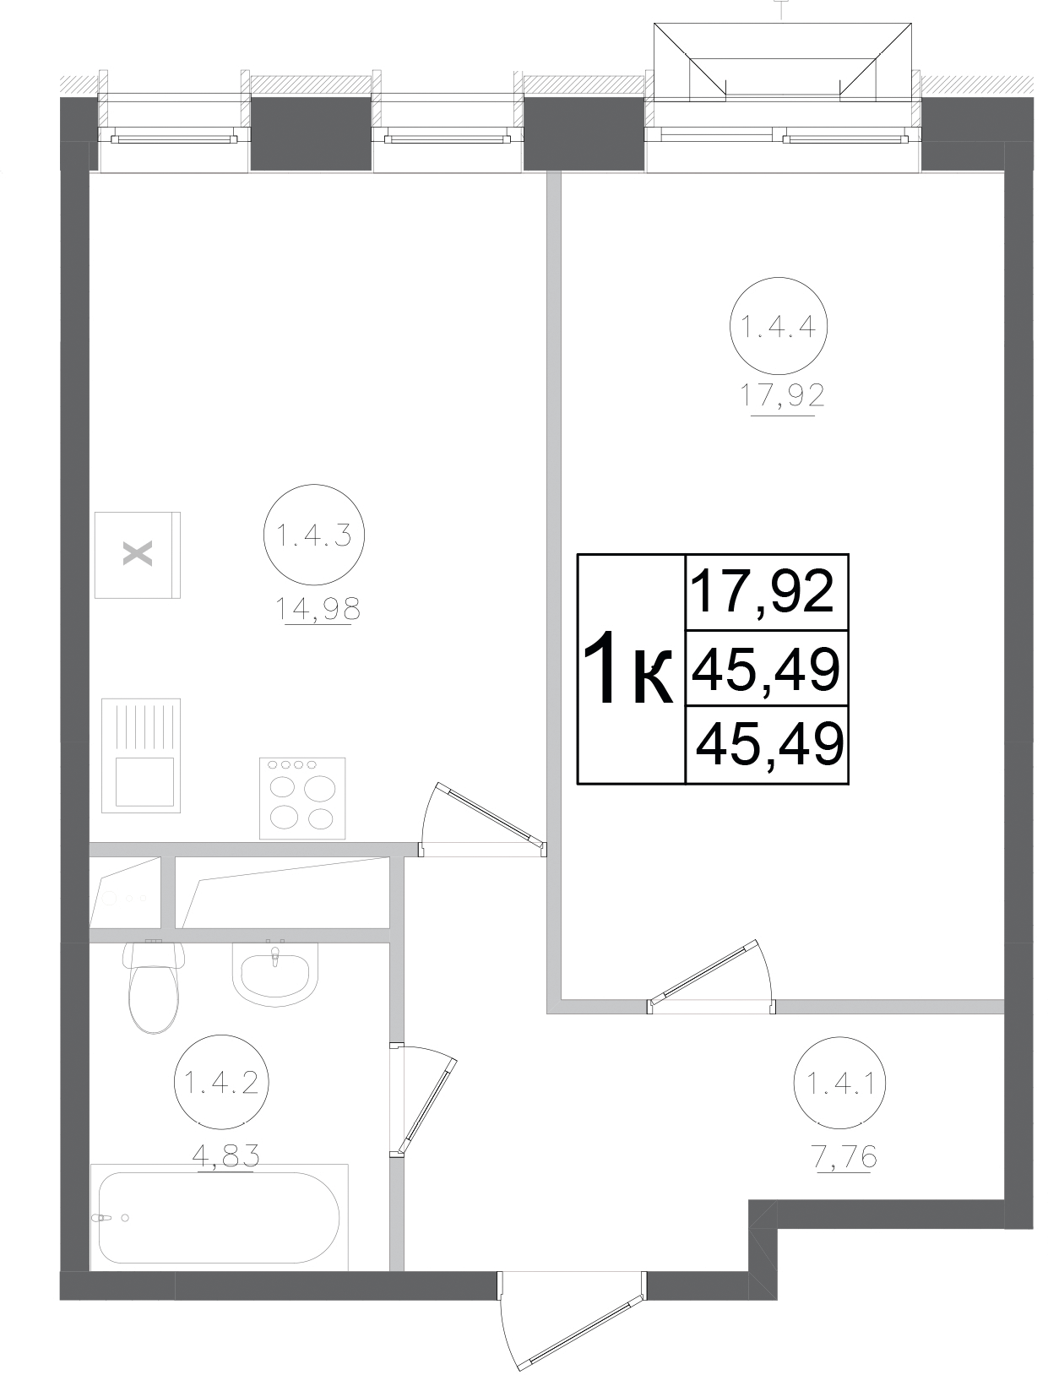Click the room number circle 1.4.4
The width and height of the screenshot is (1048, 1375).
pyautogui.click(x=778, y=326)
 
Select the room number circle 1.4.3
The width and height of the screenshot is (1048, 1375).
pyautogui.click(x=313, y=534)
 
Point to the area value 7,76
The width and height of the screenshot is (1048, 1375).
pyautogui.click(x=844, y=1157)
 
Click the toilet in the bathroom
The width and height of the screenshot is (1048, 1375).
pyautogui.click(x=154, y=985)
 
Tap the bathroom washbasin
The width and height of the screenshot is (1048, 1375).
pyautogui.click(x=275, y=973)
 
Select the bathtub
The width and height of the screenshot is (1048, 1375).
pyautogui.click(x=219, y=1217)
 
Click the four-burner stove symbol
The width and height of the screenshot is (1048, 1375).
pyautogui.click(x=302, y=797)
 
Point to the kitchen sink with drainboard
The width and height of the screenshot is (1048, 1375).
pyautogui.click(x=141, y=755)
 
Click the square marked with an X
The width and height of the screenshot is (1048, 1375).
pyautogui.click(x=138, y=555)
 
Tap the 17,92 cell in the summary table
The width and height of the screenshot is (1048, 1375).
pyautogui.click(x=763, y=591)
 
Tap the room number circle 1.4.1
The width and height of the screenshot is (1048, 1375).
pyautogui.click(x=842, y=1083)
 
